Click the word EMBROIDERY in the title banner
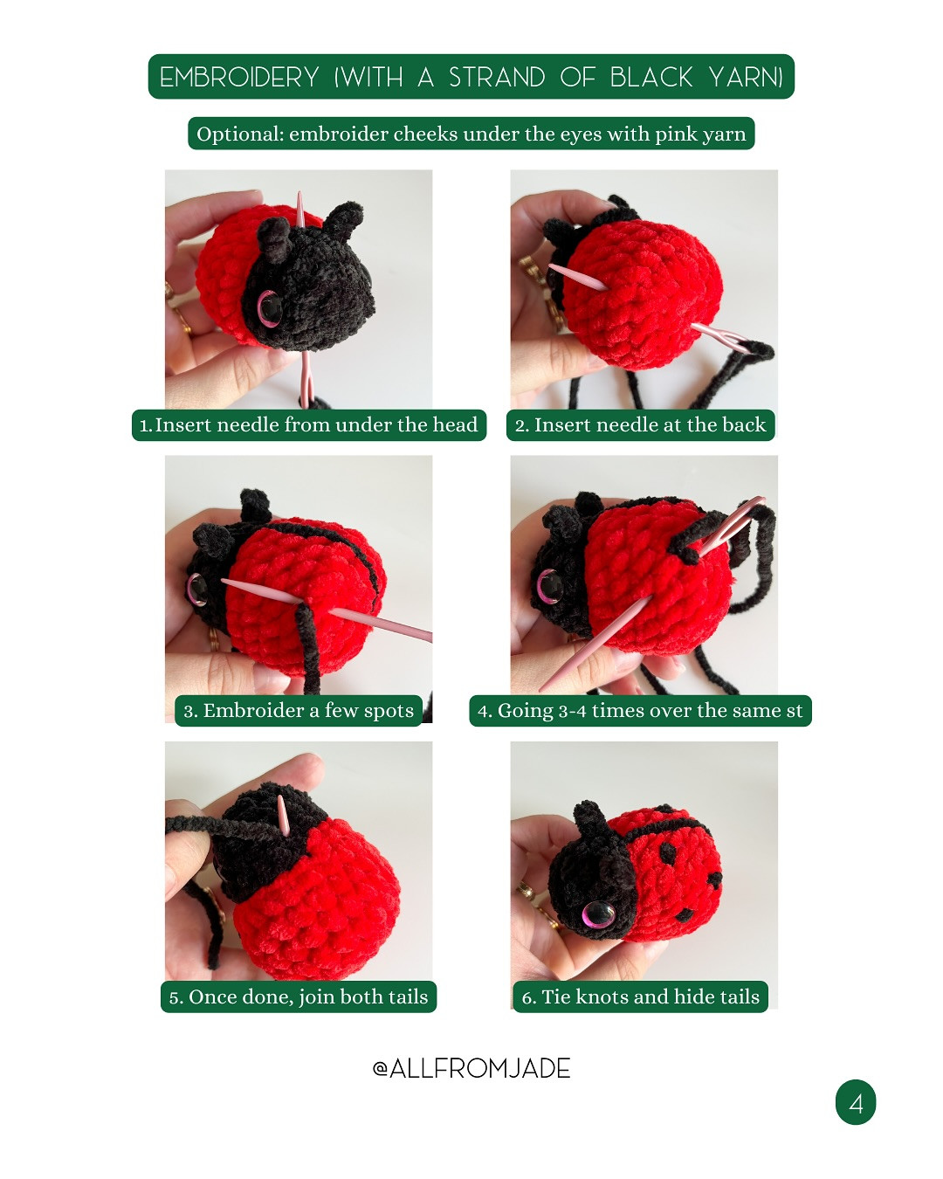point(239,78)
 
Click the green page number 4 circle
point(856,1102)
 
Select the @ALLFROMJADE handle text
point(471,1068)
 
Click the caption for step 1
point(309,425)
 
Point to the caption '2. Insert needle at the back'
point(640,425)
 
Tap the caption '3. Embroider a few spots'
point(299,711)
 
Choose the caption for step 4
point(640,711)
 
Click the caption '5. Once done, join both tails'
point(299,996)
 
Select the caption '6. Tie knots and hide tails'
point(640,996)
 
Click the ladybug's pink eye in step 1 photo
point(268,307)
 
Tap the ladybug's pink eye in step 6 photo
point(598,914)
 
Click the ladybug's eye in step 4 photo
point(549,586)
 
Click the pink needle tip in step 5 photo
point(281,803)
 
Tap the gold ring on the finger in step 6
point(527,891)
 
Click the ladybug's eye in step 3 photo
point(197,589)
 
